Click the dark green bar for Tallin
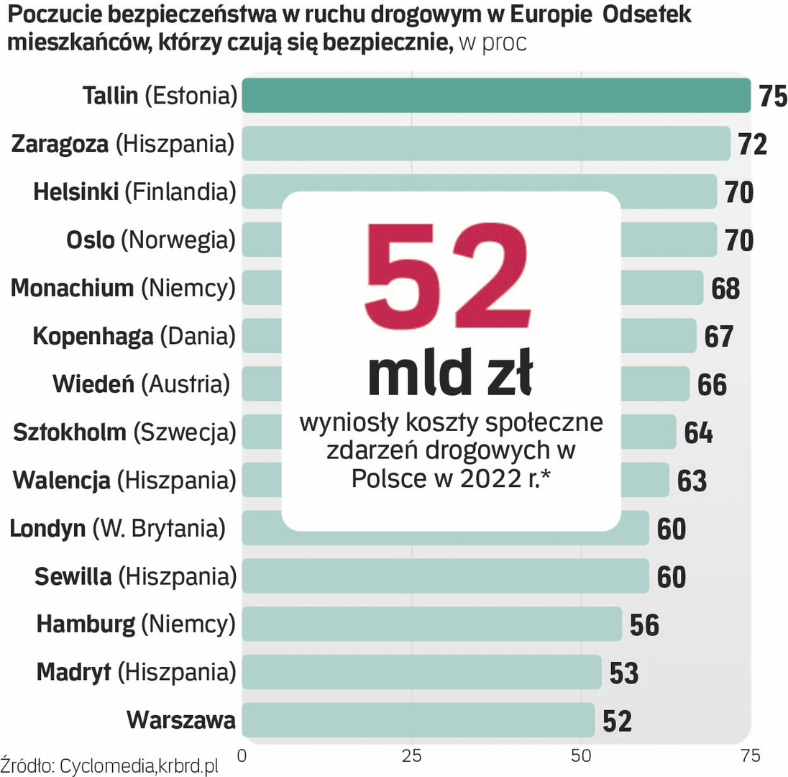[x=496, y=96]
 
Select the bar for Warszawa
[x=418, y=720]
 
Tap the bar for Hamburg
[x=431, y=624]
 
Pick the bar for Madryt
[x=421, y=672]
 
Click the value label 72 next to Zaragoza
[x=753, y=144]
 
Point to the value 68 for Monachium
[x=725, y=288]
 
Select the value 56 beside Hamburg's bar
[x=644, y=624]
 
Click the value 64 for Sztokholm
[x=698, y=433]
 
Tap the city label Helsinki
[x=75, y=192]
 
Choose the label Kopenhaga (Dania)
[x=134, y=336]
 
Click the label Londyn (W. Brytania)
[x=117, y=528]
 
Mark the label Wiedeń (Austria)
[x=141, y=384]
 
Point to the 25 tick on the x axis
[x=411, y=755]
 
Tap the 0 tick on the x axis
[x=242, y=755]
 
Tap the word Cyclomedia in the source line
[x=96, y=765]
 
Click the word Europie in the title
[x=544, y=15]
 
